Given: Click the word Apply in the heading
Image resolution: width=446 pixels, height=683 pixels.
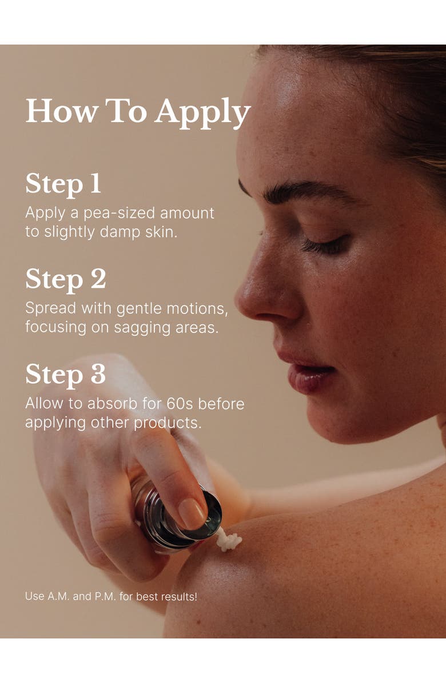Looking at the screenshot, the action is [x=203, y=113].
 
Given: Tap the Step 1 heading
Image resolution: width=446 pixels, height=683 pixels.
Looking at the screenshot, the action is [x=63, y=184].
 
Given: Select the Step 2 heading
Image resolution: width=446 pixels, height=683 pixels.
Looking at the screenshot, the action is [x=66, y=280].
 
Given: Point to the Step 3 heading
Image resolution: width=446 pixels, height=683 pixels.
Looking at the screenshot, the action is [x=65, y=375].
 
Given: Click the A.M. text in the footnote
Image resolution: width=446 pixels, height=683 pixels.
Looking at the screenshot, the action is [x=58, y=596].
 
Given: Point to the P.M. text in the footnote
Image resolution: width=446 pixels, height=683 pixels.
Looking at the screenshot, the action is [x=105, y=596].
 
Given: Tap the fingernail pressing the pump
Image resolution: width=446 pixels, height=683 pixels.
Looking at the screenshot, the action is [x=192, y=514].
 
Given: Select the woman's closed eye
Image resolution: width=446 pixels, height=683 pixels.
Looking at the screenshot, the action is [x=325, y=246].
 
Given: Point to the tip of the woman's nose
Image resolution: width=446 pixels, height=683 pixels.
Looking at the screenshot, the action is [x=238, y=300].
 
